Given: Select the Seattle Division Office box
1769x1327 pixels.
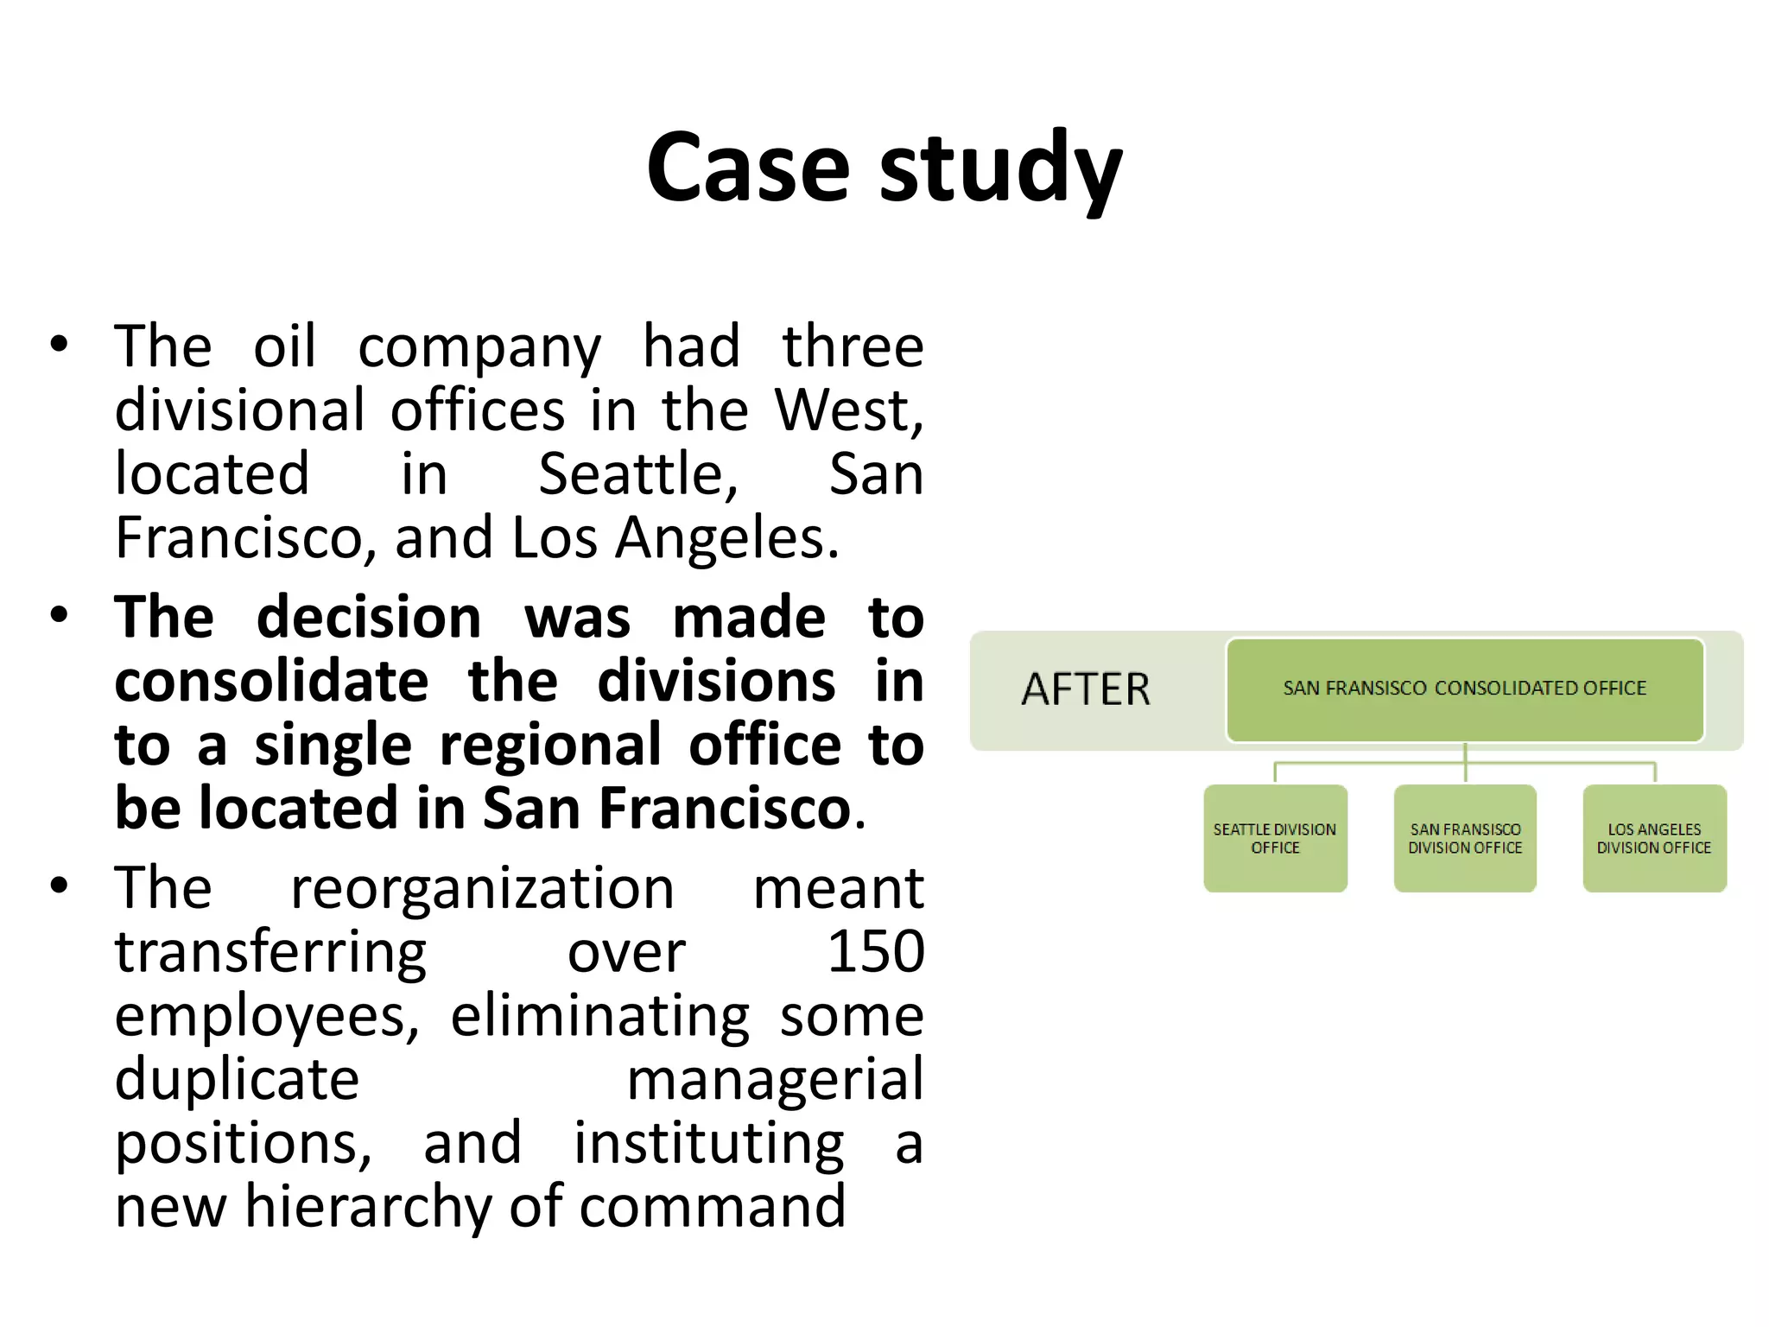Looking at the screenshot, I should pos(1275,838).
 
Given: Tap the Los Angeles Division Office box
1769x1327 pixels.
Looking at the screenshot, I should pos(1654,838).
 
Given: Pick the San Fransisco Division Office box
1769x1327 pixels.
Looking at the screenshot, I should pos(1465,838).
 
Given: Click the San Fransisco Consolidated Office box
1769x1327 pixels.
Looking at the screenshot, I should pos(1465,689).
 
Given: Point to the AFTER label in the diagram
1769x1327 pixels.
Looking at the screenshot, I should pos(1086,689).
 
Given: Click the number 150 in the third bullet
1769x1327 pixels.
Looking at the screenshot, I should pos(875,952).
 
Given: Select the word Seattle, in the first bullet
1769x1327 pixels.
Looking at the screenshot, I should pos(638,474).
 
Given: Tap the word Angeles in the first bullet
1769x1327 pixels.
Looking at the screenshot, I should pos(726,538).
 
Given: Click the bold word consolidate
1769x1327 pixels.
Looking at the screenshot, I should pos(271,682).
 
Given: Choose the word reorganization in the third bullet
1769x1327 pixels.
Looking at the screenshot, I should pos(482,888).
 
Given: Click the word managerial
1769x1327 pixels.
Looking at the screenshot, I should pos(775,1080).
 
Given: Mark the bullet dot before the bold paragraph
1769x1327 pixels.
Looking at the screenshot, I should pos(59,616).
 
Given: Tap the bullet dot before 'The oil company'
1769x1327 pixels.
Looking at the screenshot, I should pos(59,345).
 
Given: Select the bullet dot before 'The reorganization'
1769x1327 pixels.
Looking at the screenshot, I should pos(59,886).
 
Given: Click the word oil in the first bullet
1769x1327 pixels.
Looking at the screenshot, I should pos(284,346).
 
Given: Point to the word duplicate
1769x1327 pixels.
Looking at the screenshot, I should pos(237,1080).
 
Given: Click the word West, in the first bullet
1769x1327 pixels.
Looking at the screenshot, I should pos(848,410).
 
